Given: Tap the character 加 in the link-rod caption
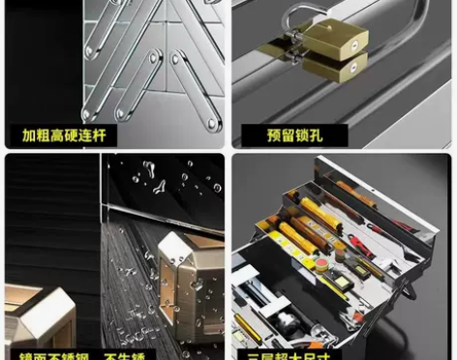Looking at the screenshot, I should (29, 135).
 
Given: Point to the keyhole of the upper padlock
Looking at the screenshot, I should (356, 45).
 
